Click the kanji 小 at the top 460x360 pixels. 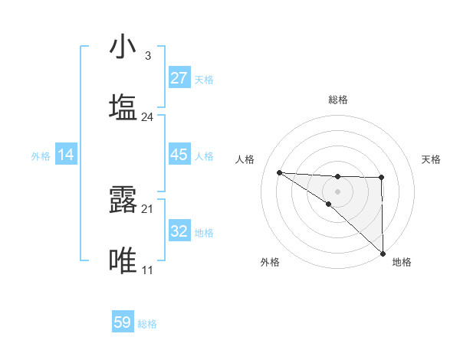click(x=123, y=47)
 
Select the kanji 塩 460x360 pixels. click(x=123, y=108)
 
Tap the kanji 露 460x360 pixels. click(x=123, y=200)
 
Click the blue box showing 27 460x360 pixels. click(x=179, y=77)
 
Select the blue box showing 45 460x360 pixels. click(x=179, y=154)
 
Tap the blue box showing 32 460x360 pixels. click(x=179, y=231)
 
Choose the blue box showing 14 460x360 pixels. click(x=66, y=155)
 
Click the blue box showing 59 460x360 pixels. click(x=123, y=322)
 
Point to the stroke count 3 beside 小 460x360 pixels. click(x=147, y=56)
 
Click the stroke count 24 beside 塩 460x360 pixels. click(x=147, y=117)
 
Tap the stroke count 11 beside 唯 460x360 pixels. click(x=147, y=270)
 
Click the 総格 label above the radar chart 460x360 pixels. click(x=338, y=100)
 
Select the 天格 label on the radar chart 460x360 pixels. click(x=431, y=159)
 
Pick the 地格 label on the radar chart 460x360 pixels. click(x=402, y=262)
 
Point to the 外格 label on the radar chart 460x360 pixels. click(x=270, y=262)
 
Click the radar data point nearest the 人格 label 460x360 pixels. click(x=280, y=172)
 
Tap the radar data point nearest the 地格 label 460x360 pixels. click(x=382, y=253)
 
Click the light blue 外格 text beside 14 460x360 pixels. click(x=41, y=155)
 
